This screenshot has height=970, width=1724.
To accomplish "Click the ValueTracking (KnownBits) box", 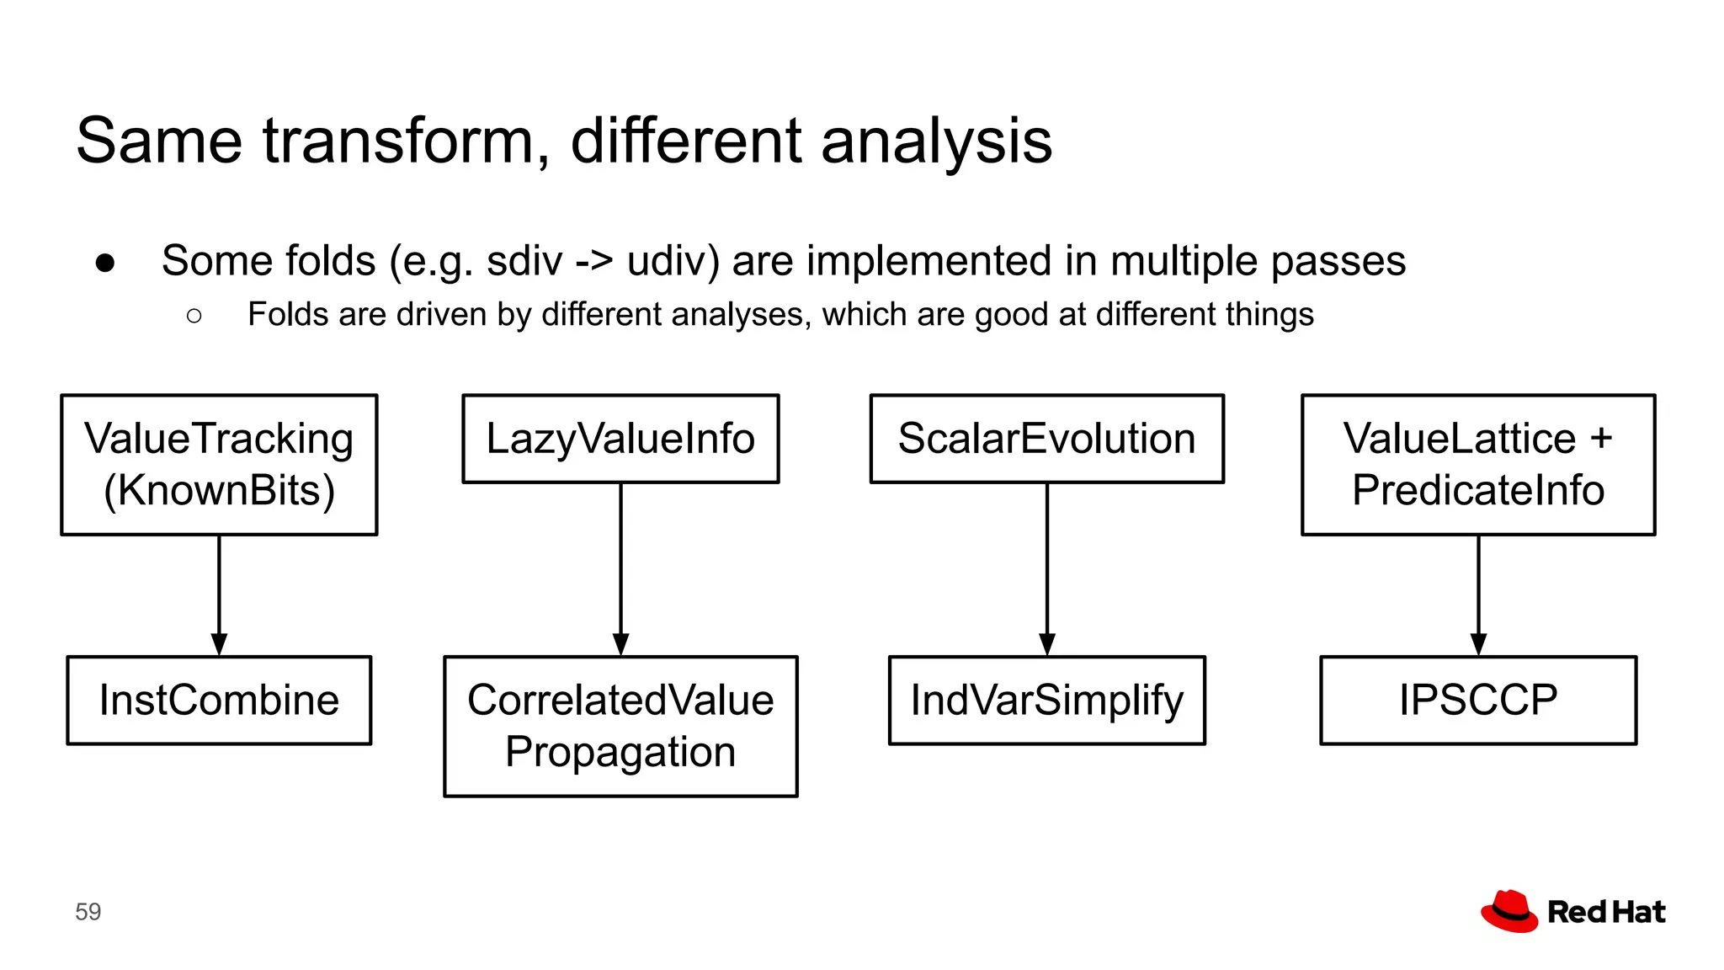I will click(x=219, y=464).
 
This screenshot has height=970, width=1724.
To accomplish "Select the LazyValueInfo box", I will click(x=620, y=439).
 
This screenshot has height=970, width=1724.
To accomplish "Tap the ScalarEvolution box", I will click(x=1046, y=439).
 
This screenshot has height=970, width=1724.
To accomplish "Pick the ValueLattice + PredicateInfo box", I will click(x=1478, y=464).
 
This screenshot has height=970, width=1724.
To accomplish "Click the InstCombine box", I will click(x=219, y=700).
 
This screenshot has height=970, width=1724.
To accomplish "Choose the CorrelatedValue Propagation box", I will click(x=620, y=726).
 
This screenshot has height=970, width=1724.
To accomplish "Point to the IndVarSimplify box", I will click(x=1046, y=700).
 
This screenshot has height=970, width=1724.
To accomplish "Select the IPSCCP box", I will click(x=1478, y=700).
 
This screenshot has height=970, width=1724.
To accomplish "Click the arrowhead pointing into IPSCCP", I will click(x=1478, y=645).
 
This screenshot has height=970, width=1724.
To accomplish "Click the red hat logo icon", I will click(x=1509, y=911).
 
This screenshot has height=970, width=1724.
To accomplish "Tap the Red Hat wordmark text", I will click(x=1606, y=912).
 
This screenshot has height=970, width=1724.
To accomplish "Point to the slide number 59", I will click(x=88, y=912).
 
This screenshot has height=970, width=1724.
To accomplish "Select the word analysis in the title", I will click(x=936, y=141).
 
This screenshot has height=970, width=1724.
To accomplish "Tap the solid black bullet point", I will click(x=105, y=264).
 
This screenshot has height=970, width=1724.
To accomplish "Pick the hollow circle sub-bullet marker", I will click(x=194, y=316).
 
